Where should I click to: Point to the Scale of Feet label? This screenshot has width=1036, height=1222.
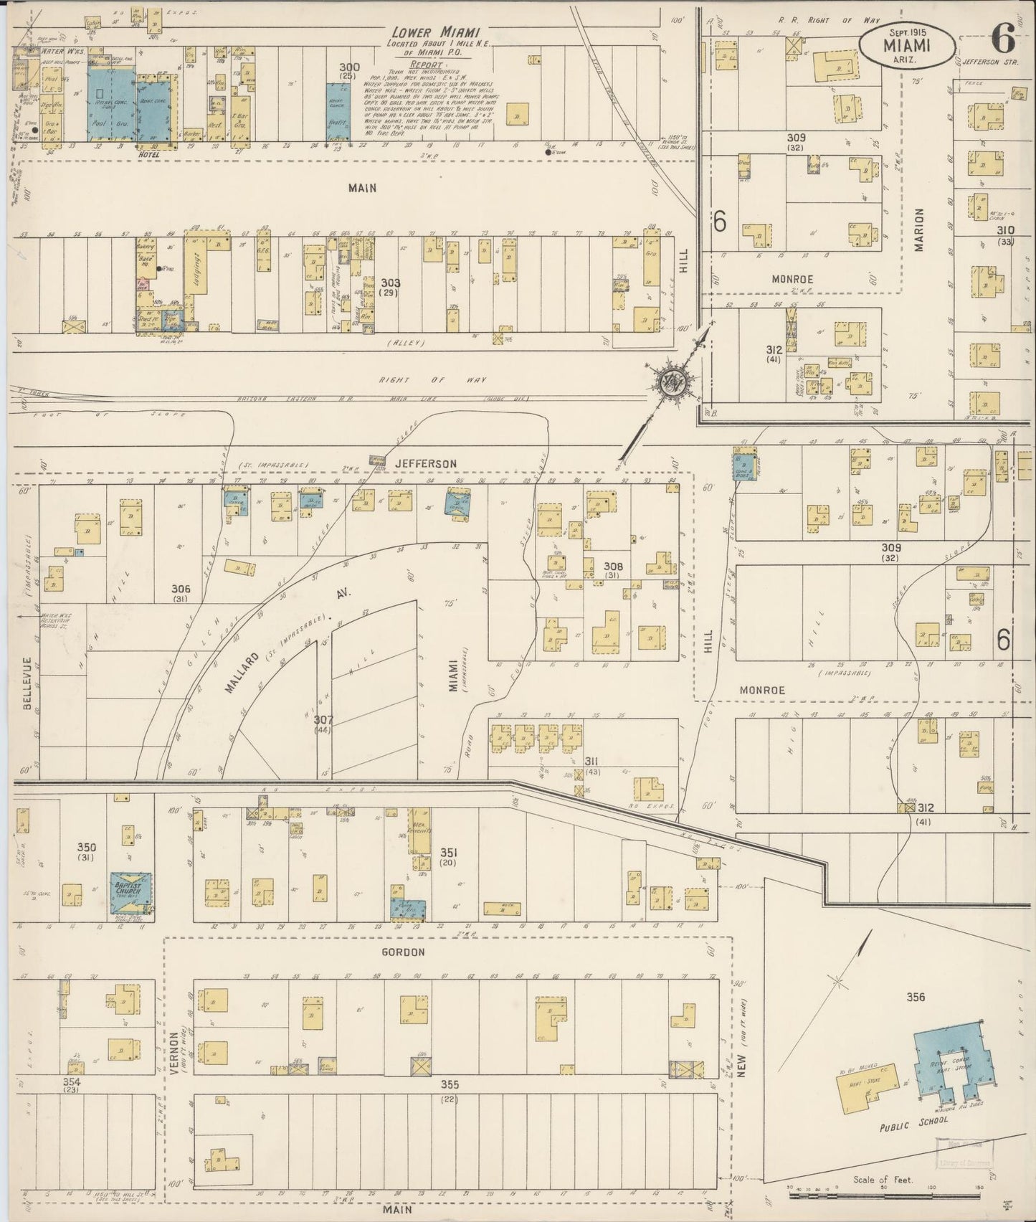click(x=883, y=1179)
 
